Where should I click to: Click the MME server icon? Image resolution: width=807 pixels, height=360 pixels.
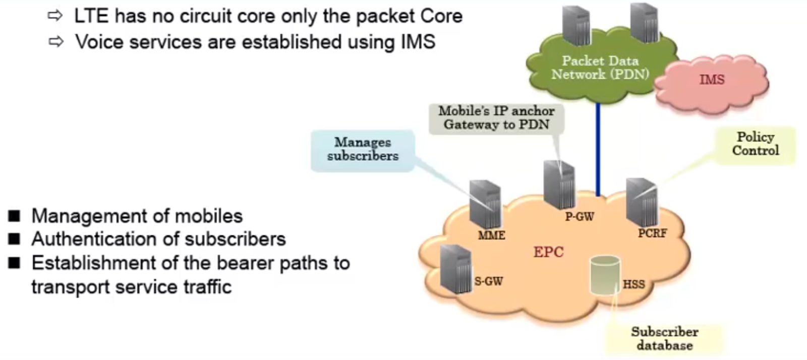[x=485, y=205]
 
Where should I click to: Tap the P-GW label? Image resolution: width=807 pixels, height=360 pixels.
[x=580, y=217]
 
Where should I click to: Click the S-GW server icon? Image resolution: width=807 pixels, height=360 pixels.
[x=456, y=269]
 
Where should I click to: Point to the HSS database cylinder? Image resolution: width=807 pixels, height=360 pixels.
[x=605, y=275]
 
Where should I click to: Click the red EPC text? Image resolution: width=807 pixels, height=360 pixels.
[x=548, y=252]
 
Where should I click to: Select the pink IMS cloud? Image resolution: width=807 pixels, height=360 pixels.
[x=712, y=81]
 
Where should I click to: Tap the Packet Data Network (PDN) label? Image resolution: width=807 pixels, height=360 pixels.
[x=600, y=68]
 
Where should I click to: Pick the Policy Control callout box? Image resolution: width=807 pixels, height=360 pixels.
[x=755, y=144]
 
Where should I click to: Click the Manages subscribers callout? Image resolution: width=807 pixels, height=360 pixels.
[x=363, y=150]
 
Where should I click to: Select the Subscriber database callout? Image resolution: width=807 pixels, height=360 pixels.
[x=664, y=338]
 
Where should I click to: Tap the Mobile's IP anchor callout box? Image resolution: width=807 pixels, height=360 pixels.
[x=496, y=118]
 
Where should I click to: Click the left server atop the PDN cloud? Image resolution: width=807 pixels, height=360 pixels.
[x=576, y=26]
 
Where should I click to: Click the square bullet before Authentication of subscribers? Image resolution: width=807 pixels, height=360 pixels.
[x=14, y=239]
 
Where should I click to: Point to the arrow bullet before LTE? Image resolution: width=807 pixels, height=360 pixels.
[x=55, y=16]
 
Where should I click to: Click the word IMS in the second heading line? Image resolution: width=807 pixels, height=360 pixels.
[x=418, y=42]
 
